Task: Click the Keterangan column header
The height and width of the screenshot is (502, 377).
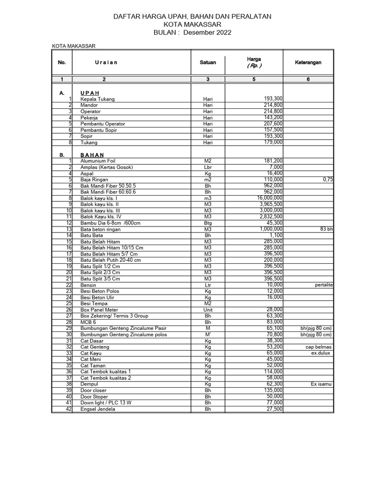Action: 308,63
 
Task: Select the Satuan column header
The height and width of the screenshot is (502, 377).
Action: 208,63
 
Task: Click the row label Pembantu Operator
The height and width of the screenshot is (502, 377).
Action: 103,124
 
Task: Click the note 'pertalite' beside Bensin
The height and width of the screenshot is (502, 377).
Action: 324,285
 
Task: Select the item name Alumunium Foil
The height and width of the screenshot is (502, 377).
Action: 99,161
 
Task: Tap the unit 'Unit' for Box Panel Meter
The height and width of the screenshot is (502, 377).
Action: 208,310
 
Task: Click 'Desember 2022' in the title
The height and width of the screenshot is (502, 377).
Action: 207,32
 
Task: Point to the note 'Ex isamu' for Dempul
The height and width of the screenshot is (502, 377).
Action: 322,384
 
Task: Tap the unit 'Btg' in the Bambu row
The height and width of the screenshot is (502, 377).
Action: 208,223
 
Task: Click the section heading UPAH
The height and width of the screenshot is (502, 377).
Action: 90,93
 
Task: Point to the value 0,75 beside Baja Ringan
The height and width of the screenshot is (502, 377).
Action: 328,179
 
